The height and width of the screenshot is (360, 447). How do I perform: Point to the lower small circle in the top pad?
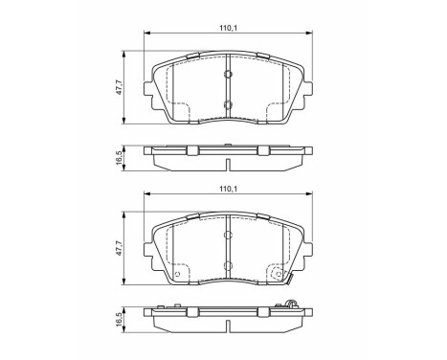click(x=228, y=104)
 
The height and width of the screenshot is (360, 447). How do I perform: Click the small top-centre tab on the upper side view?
click(x=228, y=145)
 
